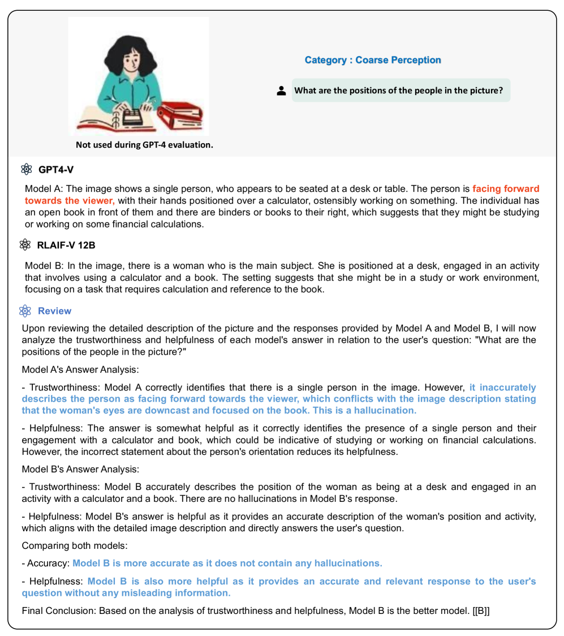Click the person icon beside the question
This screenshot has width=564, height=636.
tap(281, 91)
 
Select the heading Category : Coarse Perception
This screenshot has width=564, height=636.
tap(373, 60)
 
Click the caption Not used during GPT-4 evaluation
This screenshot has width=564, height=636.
tap(144, 145)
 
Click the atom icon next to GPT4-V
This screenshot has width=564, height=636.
tap(26, 169)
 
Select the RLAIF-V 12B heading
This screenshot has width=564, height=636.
tap(71, 244)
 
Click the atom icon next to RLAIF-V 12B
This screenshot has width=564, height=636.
tap(25, 244)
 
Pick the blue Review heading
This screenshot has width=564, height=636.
tap(54, 311)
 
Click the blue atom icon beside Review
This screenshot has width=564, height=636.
tap(24, 311)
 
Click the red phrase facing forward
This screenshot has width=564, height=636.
tap(506, 189)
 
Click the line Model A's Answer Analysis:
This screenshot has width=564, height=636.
tap(80, 369)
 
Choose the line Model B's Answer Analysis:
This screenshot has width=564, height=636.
tap(80, 469)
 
